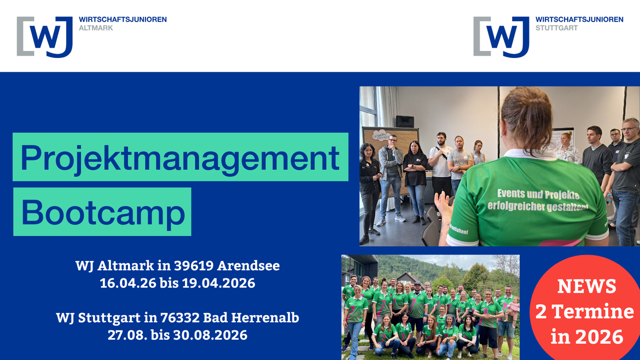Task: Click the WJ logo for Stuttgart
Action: click(x=502, y=37)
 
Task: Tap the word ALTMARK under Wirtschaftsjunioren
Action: click(x=96, y=28)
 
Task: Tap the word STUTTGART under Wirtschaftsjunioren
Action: click(x=556, y=28)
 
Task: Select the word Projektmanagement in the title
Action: click(x=180, y=157)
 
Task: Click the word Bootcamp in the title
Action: click(x=103, y=212)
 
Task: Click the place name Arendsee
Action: click(x=248, y=266)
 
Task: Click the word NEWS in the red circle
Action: click(x=586, y=286)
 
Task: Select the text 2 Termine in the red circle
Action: click(x=584, y=311)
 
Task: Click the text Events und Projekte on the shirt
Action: click(x=538, y=194)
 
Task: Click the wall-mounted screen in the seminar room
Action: click(x=405, y=121)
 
